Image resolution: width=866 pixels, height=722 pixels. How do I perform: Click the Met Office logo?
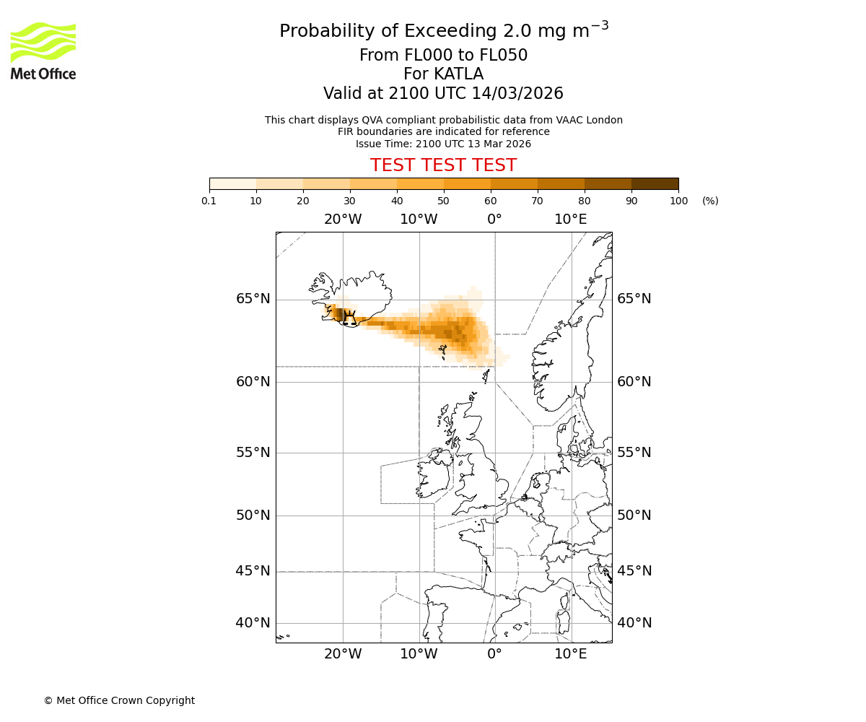[x=43, y=51]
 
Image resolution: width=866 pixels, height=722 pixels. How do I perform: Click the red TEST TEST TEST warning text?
[x=443, y=165]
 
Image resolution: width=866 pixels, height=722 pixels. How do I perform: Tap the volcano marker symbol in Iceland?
[x=349, y=318]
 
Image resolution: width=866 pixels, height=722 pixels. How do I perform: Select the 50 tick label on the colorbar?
[x=443, y=201]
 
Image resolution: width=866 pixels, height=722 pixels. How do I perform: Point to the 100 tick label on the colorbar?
[x=678, y=201]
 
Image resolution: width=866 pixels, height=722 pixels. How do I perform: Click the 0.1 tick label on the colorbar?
[x=209, y=201]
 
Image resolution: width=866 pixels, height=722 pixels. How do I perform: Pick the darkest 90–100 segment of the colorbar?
[x=655, y=183]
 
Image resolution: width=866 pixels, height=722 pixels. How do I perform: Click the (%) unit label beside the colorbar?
[x=710, y=201]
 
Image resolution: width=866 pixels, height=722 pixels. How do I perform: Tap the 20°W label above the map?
[x=343, y=219]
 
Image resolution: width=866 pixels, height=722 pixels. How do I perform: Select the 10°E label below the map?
[x=570, y=654]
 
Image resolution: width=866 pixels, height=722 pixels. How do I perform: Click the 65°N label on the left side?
[x=253, y=299]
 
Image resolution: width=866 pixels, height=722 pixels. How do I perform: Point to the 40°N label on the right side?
[x=634, y=623]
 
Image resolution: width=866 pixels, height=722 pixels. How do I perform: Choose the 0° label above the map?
[x=494, y=219]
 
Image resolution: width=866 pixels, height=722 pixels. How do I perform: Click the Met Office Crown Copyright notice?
[x=119, y=700]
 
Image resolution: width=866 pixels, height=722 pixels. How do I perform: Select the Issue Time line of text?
[x=443, y=144]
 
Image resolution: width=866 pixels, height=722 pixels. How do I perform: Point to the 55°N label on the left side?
[x=253, y=453]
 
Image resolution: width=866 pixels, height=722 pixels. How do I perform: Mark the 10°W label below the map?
[x=419, y=654]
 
